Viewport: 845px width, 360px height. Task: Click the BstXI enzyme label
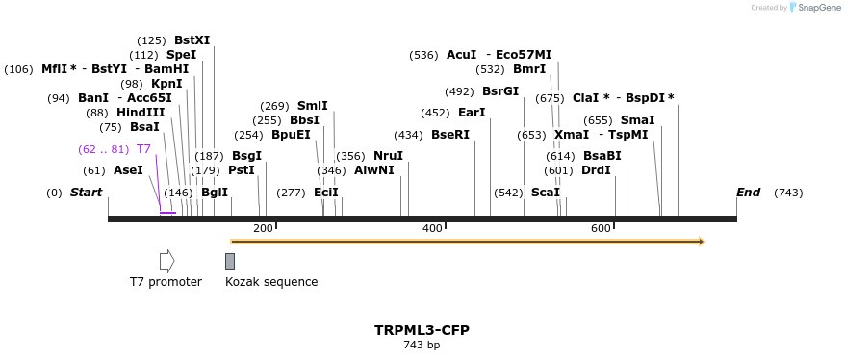click(x=192, y=40)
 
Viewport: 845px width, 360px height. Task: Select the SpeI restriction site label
click(x=181, y=55)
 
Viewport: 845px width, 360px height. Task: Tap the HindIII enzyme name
click(x=141, y=113)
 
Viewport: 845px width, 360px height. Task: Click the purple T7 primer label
click(x=143, y=149)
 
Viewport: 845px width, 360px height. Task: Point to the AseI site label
click(x=128, y=170)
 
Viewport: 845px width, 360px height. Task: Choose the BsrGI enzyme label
click(x=500, y=91)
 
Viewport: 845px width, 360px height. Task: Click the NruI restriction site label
click(x=388, y=156)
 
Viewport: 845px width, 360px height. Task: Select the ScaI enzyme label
click(x=545, y=193)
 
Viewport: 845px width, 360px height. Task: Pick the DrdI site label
click(x=596, y=170)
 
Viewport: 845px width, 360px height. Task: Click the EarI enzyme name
click(x=472, y=113)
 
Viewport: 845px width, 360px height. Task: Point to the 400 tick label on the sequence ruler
click(x=432, y=228)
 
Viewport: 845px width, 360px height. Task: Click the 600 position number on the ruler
click(x=602, y=228)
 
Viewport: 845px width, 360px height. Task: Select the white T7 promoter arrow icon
click(x=166, y=261)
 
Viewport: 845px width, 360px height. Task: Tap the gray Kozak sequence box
click(x=230, y=261)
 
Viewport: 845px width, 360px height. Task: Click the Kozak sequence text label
click(x=271, y=282)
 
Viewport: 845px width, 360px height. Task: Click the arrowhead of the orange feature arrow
click(x=702, y=242)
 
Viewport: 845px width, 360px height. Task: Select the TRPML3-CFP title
click(x=422, y=330)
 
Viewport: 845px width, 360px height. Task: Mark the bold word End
click(x=748, y=193)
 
